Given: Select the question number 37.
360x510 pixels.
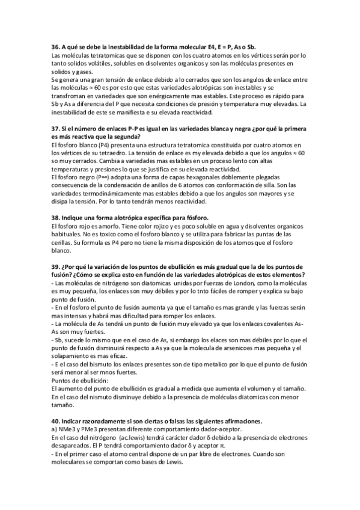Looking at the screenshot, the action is pyautogui.click(x=56, y=131).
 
